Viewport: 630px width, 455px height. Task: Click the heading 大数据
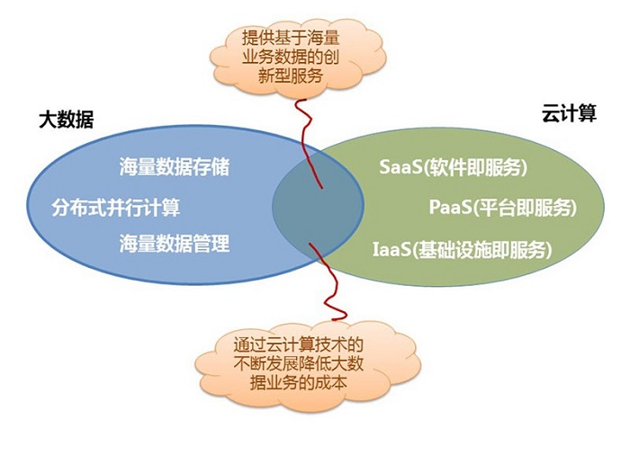coord(67,120)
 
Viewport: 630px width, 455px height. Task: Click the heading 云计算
coord(569,112)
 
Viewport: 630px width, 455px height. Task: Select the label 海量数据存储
coord(175,166)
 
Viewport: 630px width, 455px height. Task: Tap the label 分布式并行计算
coord(116,208)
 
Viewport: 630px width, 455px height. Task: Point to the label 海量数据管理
coord(175,244)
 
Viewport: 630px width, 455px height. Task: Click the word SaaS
coord(400,167)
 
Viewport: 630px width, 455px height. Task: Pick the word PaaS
coord(450,207)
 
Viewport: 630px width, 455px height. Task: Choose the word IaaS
coord(391,249)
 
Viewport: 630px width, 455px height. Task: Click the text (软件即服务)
coord(475,167)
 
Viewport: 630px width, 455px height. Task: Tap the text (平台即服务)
coord(525,207)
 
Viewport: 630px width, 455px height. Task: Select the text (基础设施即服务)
coord(481,249)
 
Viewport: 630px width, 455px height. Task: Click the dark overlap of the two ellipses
coord(318,206)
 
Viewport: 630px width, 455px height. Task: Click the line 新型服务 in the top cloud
coord(291,76)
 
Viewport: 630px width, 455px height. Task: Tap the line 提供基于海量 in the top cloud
coord(291,38)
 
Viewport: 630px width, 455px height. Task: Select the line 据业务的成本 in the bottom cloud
coord(299,382)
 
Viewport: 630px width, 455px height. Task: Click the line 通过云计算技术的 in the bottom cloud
coord(299,344)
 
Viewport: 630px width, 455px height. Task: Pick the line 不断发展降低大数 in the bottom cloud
coord(299,363)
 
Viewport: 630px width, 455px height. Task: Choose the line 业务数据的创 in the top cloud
coord(291,57)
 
